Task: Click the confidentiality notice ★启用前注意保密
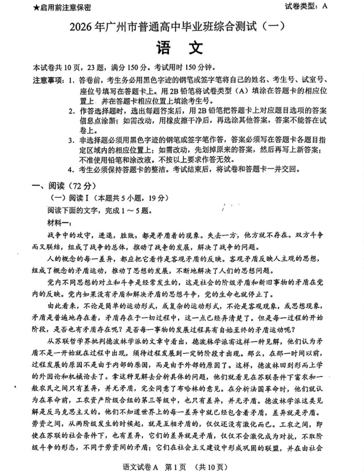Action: click(62, 8)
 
